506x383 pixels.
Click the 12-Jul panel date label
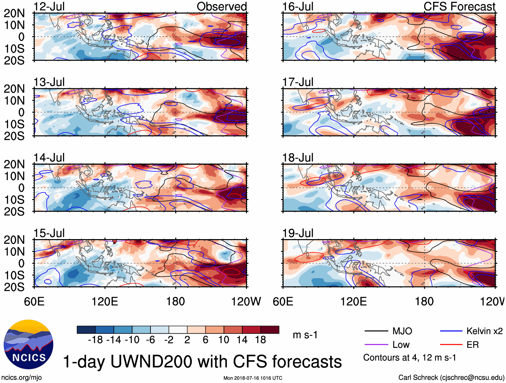tap(49, 7)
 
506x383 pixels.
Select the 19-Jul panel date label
tap(298, 233)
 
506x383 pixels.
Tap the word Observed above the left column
tap(222, 7)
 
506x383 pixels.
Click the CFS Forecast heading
tap(459, 7)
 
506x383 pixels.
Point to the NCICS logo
tap(28, 344)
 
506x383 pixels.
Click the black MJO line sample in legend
tap(376, 331)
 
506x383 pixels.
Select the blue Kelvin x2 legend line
tap(451, 331)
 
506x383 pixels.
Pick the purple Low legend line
tap(376, 345)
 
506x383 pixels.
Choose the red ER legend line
tap(451, 345)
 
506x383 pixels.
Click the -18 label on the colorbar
tap(95, 340)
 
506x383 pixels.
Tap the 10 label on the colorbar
tap(224, 340)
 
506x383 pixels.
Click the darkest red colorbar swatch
tap(270, 330)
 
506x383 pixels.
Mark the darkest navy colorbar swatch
tap(86, 330)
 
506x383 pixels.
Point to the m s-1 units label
tap(305, 335)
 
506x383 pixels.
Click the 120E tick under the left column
tap(105, 302)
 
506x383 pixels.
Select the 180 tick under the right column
tap(424, 302)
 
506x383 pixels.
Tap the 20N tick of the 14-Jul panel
tap(14, 164)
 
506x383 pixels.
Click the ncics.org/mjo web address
tap(21, 378)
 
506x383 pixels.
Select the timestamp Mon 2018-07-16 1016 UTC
tap(253, 378)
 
